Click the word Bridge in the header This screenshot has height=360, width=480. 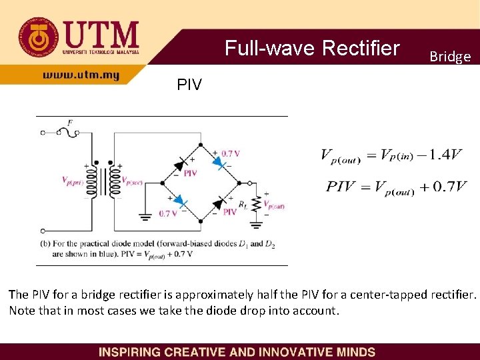pyautogui.click(x=450, y=57)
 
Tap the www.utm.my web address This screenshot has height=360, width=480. pyautogui.click(x=81, y=75)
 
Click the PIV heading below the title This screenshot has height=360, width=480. pyautogui.click(x=189, y=85)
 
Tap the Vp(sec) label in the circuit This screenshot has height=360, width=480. pyautogui.click(x=131, y=180)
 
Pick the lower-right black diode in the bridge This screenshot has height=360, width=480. pyautogui.click(x=219, y=201)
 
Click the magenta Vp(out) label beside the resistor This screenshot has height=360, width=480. pyautogui.click(x=274, y=205)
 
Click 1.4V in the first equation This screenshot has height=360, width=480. pyautogui.click(x=445, y=155)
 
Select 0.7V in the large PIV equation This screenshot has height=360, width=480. pyautogui.click(x=450, y=186)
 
